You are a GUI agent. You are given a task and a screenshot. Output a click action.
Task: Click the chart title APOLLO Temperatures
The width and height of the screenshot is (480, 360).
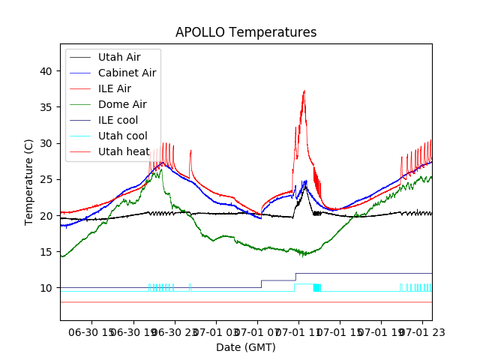[246, 33]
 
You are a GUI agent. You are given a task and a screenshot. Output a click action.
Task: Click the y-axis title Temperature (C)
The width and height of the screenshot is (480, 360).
[29, 181]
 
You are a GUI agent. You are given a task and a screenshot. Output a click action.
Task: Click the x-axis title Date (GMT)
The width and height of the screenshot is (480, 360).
[246, 347]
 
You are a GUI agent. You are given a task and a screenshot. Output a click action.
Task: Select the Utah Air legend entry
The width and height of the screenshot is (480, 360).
[118, 57]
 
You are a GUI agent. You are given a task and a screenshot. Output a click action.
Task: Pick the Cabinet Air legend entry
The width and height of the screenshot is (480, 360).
[127, 73]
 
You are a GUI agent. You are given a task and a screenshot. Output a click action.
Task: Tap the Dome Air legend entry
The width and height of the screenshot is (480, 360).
[122, 104]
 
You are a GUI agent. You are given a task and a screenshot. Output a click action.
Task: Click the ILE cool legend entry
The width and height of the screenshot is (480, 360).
[118, 120]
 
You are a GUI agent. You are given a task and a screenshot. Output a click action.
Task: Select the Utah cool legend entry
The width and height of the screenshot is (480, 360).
[122, 136]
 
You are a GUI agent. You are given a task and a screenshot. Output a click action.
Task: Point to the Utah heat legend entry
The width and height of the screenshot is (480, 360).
[123, 151]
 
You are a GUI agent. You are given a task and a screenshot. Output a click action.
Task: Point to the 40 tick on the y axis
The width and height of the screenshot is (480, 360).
[46, 71]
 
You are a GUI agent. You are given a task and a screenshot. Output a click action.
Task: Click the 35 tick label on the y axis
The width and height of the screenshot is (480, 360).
[46, 107]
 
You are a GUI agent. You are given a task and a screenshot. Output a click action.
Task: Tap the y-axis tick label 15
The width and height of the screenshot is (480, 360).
[46, 252]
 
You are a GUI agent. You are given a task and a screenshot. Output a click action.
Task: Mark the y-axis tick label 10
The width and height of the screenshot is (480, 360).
[46, 288]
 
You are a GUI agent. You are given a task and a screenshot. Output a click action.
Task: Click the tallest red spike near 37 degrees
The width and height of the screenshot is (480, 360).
[304, 91]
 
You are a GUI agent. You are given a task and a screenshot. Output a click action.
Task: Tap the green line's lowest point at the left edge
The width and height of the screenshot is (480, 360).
[62, 257]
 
